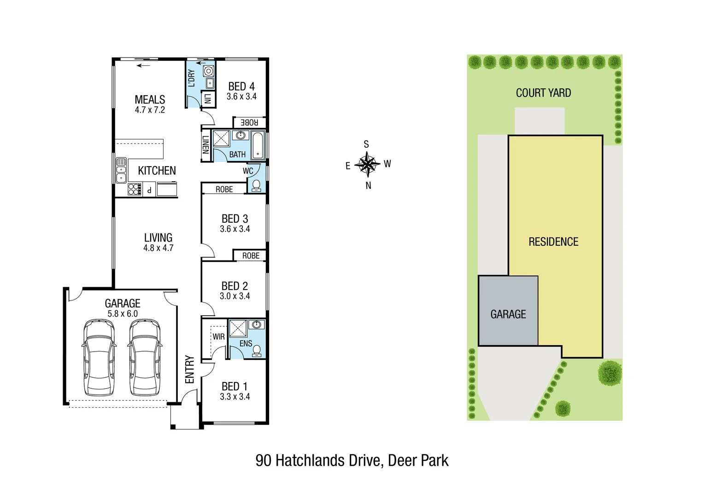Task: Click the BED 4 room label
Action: [241, 87]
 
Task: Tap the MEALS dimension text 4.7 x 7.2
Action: [150, 110]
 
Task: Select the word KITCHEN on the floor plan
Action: [157, 171]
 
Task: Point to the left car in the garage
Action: [99, 358]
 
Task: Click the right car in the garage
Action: [145, 358]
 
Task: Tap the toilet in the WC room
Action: [256, 185]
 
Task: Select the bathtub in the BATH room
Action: [258, 145]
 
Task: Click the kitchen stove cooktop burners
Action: [135, 189]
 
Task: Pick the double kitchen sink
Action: [121, 171]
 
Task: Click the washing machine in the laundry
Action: [209, 71]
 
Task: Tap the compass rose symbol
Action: [367, 164]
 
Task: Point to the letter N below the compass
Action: [368, 185]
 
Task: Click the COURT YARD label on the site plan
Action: [543, 93]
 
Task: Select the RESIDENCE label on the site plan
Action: [553, 242]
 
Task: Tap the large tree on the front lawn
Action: [610, 372]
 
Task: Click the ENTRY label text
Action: [189, 369]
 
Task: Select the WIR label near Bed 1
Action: [218, 337]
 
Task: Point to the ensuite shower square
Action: [238, 329]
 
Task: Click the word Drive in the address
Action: [364, 461]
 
